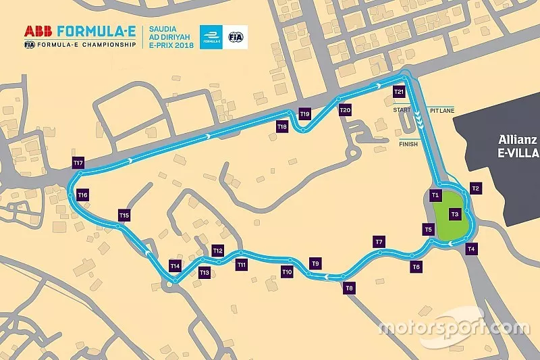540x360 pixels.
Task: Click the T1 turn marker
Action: [435, 196]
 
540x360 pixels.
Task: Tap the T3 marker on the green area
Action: [455, 214]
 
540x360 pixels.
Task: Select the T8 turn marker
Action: [349, 288]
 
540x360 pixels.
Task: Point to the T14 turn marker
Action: [175, 266]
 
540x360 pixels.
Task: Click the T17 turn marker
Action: [78, 163]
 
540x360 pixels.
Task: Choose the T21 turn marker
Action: [399, 91]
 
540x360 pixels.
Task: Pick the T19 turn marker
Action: [305, 114]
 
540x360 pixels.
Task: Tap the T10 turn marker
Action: [287, 272]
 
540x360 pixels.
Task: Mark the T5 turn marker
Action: [428, 230]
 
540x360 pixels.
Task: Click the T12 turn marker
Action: [217, 251]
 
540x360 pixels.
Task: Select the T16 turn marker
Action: [83, 195]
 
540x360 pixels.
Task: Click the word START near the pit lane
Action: [401, 109]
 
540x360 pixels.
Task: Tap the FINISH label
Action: [408, 144]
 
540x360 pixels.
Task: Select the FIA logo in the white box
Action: [236, 37]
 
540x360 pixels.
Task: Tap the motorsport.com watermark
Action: [454, 328]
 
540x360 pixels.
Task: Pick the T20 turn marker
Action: [346, 109]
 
